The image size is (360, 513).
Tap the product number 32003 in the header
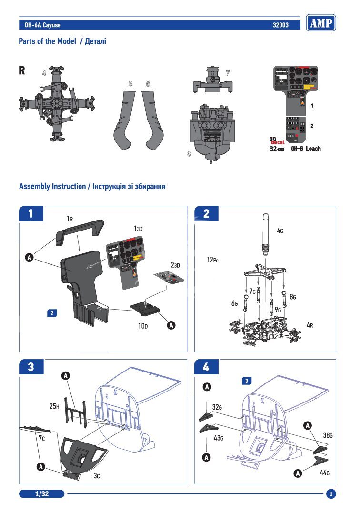[280, 25]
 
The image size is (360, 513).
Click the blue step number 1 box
[30, 213]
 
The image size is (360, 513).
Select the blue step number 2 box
[206, 213]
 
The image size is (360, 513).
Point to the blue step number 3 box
[30, 367]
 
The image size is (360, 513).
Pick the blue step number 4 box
[206, 367]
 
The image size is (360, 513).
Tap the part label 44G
[324, 473]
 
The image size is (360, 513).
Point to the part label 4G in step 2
[280, 230]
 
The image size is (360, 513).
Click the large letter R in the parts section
[22, 70]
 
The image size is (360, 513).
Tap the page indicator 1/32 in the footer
[42, 494]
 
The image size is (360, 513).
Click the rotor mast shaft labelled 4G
[264, 233]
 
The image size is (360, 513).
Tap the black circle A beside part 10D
[171, 325]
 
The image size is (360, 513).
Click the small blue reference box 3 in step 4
[247, 381]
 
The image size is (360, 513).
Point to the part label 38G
[328, 435]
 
